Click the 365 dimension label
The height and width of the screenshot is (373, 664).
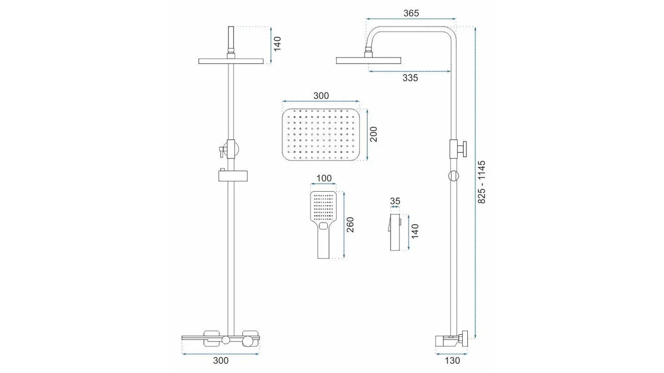[411, 13]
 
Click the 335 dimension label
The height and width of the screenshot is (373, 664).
[410, 78]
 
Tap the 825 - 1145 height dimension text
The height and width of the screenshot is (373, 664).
[482, 182]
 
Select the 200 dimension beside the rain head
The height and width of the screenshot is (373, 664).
[374, 134]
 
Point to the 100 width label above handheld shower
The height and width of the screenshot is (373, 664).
[324, 178]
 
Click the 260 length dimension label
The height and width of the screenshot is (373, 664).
[350, 225]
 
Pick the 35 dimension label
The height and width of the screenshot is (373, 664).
[395, 202]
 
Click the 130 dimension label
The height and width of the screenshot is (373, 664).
[452, 361]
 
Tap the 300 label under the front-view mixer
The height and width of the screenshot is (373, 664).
[221, 361]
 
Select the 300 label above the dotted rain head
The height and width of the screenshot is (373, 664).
[321, 96]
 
